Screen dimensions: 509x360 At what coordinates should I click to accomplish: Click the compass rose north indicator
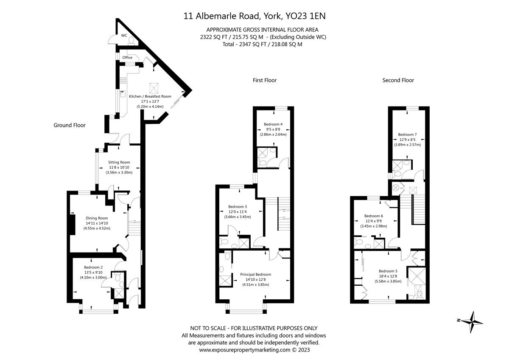click(x=459, y=320)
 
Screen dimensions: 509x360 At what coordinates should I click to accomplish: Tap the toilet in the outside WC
click(x=131, y=41)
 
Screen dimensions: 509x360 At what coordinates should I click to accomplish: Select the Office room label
click(x=127, y=58)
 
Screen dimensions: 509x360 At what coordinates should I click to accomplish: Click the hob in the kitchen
click(x=123, y=80)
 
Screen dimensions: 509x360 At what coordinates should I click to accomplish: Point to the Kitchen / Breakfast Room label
click(x=150, y=96)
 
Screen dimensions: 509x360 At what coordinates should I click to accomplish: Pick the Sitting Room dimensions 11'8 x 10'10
click(x=119, y=167)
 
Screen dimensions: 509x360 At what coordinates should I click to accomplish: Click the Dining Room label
click(x=97, y=218)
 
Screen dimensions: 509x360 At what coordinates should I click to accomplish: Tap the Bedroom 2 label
click(x=93, y=267)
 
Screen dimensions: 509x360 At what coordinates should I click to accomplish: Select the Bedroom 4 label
click(x=273, y=124)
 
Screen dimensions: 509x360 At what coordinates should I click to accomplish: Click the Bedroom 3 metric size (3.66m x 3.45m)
click(x=238, y=217)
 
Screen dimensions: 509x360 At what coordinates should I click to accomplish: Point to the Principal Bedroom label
click(x=256, y=275)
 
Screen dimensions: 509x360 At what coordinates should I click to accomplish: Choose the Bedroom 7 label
click(x=408, y=135)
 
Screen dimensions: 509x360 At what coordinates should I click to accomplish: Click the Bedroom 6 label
click(x=374, y=216)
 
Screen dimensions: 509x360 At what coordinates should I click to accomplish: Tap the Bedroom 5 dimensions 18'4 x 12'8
click(x=388, y=276)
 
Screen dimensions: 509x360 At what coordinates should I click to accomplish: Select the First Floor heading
click(x=265, y=80)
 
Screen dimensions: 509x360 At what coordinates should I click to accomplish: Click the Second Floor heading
click(x=398, y=80)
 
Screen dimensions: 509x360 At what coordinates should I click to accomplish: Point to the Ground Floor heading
click(x=70, y=125)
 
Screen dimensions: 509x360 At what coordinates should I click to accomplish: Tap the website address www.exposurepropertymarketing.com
click(x=245, y=350)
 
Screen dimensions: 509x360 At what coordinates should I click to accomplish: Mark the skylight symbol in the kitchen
click(x=154, y=88)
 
